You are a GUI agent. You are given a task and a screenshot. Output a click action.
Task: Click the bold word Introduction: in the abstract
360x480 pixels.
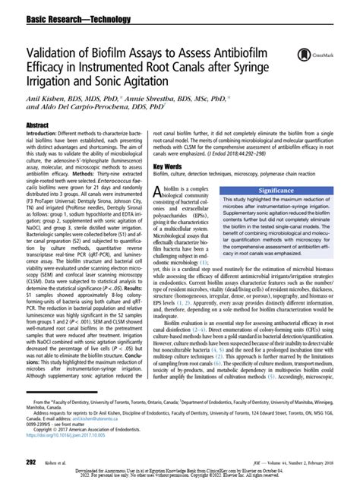click(43, 132)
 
